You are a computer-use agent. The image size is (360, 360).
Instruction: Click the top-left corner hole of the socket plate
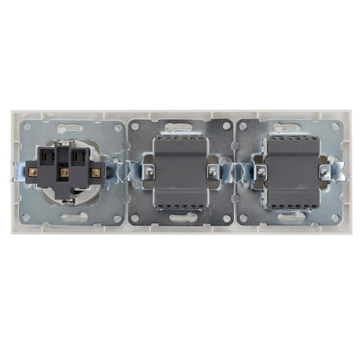[28, 127]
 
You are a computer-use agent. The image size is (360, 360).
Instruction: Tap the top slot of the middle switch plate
[180, 126]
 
